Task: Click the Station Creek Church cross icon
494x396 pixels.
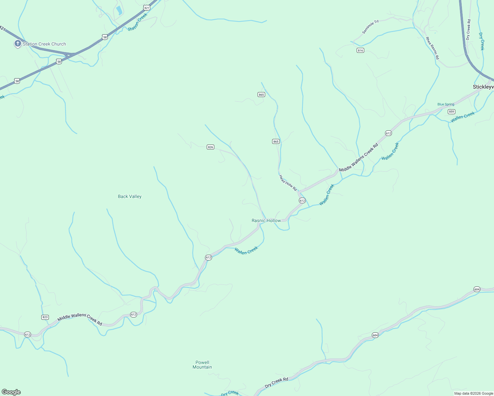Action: (18, 44)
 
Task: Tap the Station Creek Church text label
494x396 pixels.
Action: (44, 44)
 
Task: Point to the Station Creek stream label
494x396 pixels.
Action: (137, 22)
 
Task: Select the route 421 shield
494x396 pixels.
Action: (147, 7)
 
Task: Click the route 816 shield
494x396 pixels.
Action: (360, 50)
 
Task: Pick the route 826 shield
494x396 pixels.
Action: (210, 147)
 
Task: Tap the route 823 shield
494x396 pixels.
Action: (45, 317)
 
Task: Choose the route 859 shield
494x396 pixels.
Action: (452, 112)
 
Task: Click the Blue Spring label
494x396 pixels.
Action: (446, 104)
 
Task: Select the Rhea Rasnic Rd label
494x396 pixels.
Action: (432, 48)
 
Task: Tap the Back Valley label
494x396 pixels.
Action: (130, 196)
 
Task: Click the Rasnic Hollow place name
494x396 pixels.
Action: (266, 220)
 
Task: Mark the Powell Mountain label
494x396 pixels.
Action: (202, 365)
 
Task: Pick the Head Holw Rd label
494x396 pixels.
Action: (288, 183)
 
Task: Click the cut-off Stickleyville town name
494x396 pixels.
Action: (483, 87)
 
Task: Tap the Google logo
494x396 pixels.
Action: (11, 392)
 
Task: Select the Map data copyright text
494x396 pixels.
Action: (474, 393)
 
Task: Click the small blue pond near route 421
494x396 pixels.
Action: (119, 10)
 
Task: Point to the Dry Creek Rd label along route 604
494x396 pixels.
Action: (276, 383)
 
